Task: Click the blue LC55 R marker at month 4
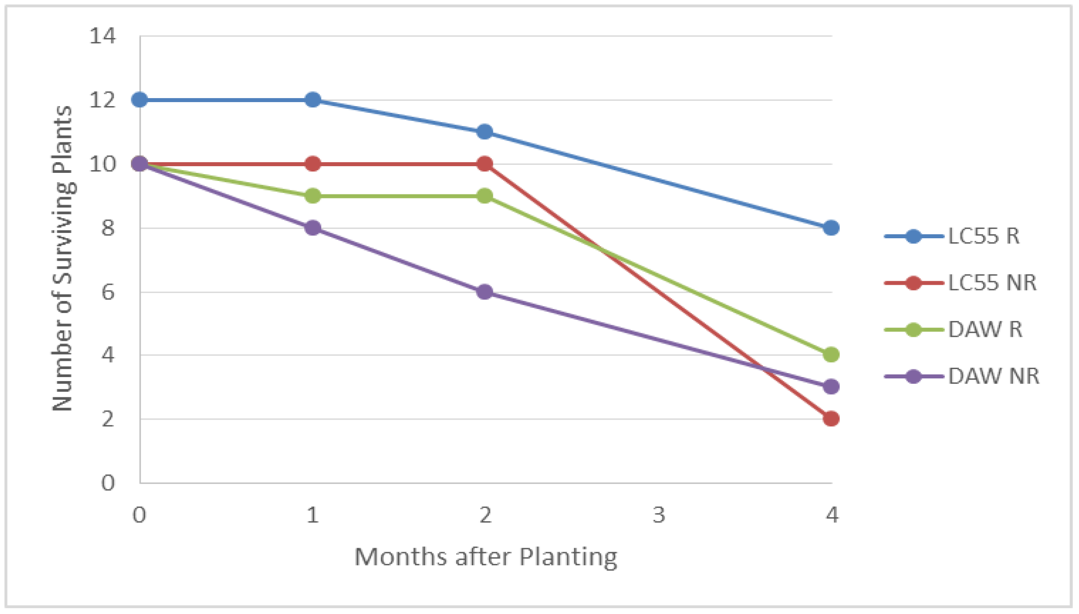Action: pos(831,228)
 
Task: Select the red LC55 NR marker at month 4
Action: pos(831,419)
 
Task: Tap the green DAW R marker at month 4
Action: pos(831,355)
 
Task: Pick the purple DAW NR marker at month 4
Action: pos(831,386)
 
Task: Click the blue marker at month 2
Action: pos(484,132)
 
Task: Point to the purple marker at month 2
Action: pos(484,292)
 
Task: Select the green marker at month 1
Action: pos(312,196)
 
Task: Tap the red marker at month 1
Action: pos(312,164)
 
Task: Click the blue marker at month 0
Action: pos(140,100)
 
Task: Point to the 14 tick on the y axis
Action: pos(103,36)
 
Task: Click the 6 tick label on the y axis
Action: pos(108,292)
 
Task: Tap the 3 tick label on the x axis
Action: pos(658,515)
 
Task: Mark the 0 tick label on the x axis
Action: pos(139,515)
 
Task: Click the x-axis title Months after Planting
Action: pos(486,557)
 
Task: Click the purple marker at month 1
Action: pos(312,228)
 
